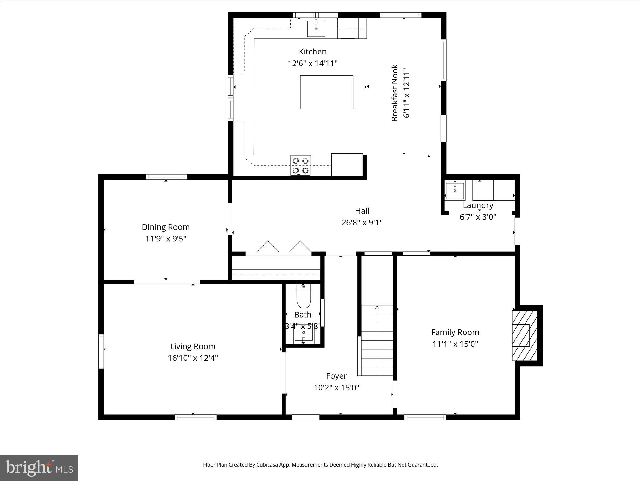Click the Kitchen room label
[x=312, y=52]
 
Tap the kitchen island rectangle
[x=326, y=92]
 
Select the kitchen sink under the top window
[x=316, y=28]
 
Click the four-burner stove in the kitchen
[x=300, y=166]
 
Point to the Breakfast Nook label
[x=395, y=93]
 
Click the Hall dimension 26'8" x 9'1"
[x=362, y=223]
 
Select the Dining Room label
[x=166, y=227]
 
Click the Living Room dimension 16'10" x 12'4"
[x=192, y=358]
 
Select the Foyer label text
[x=336, y=376]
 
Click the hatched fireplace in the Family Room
[x=525, y=335]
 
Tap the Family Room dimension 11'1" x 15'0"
[x=455, y=344]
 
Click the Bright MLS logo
[x=39, y=468]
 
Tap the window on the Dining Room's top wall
[x=167, y=177]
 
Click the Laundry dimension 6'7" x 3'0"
[x=478, y=217]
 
